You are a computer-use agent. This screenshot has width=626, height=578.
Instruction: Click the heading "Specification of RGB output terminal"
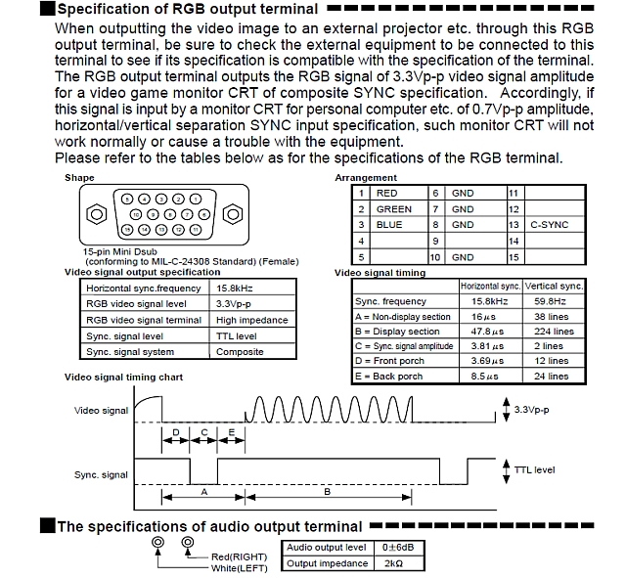(x=186, y=10)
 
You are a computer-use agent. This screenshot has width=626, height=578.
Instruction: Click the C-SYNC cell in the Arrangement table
(x=550, y=225)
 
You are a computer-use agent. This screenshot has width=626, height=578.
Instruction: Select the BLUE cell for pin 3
(x=389, y=225)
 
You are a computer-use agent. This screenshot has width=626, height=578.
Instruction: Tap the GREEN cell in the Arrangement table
(x=394, y=209)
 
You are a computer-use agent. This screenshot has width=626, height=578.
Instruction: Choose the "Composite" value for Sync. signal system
(x=240, y=352)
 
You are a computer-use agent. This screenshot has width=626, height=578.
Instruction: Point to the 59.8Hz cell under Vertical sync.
(x=553, y=302)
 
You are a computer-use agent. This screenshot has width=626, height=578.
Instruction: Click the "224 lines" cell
(x=553, y=332)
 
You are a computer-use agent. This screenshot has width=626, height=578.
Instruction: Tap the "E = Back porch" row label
(x=390, y=376)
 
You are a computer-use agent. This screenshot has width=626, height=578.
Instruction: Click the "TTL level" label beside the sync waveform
(x=534, y=470)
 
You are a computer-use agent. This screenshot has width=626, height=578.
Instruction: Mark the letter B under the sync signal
(x=327, y=492)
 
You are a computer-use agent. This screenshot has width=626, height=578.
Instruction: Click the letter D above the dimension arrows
(x=175, y=431)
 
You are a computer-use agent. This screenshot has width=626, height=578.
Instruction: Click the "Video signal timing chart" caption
(x=123, y=378)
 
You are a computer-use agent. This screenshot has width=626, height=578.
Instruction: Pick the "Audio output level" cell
(x=327, y=548)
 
